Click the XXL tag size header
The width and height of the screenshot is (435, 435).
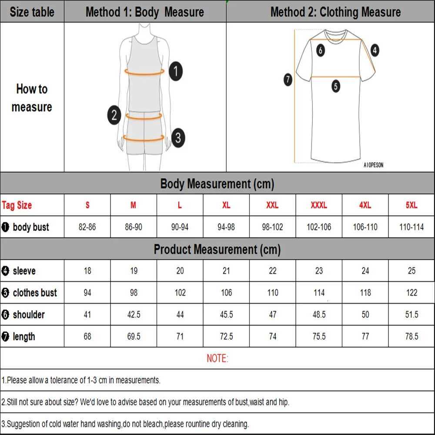pos(272,205)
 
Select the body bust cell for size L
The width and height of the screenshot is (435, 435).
pos(180,227)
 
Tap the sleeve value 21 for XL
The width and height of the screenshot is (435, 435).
pos(226,271)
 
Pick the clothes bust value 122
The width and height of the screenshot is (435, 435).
pos(412,293)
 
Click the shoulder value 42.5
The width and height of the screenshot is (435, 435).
pos(134,315)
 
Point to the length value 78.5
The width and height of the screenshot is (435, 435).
pos(412,336)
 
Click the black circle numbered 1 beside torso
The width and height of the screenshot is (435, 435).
pos(175,71)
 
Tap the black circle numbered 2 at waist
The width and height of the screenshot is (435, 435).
pos(114,115)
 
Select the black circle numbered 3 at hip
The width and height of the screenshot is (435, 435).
pos(177,138)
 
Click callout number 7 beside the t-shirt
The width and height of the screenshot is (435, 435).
pos(288,80)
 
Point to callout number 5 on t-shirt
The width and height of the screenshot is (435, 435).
pos(335,86)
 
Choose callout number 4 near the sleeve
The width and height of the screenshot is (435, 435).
pos(375,50)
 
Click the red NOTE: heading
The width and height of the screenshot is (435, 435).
pos(217,358)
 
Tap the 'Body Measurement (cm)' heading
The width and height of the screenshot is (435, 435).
pos(217,184)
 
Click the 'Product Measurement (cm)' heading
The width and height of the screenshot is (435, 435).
pos(217,249)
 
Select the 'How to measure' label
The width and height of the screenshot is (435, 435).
pos(32,98)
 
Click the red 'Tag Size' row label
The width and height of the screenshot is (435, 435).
pos(17,205)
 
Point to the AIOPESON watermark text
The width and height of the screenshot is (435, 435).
pos(373,165)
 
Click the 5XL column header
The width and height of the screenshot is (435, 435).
pos(412,205)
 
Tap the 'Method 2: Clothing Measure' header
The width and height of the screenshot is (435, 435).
pos(335,12)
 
